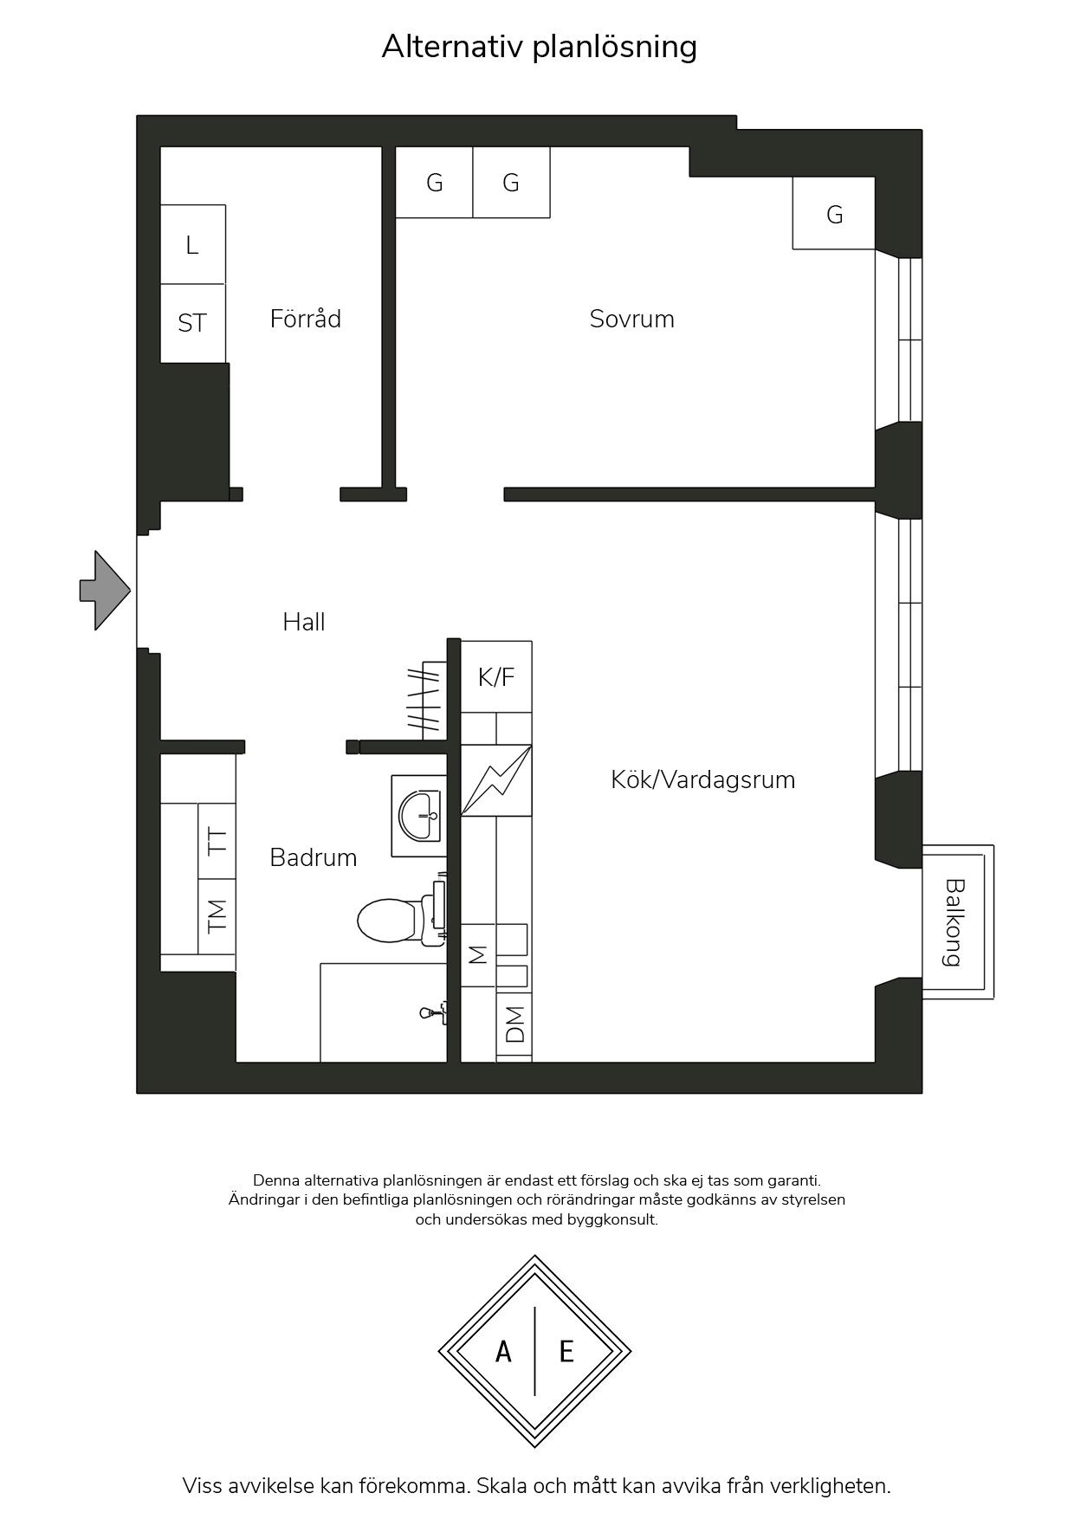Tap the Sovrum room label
pos(631,319)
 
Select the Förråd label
pos(305,319)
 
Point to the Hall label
pos(304,622)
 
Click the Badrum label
pos(313,857)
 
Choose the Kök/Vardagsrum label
pos(702,779)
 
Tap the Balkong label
pos(954,922)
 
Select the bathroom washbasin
pos(419,816)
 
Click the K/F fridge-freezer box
pos(496,676)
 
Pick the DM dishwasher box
pos(514,1025)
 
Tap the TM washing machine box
pos(217,916)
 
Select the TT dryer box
pos(217,840)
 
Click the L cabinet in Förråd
pos(193,244)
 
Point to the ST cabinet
pos(193,323)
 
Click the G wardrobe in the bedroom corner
pos(834,213)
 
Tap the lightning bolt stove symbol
pos(496,780)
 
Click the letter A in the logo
pos(503,1351)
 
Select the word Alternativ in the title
pos(452,46)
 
